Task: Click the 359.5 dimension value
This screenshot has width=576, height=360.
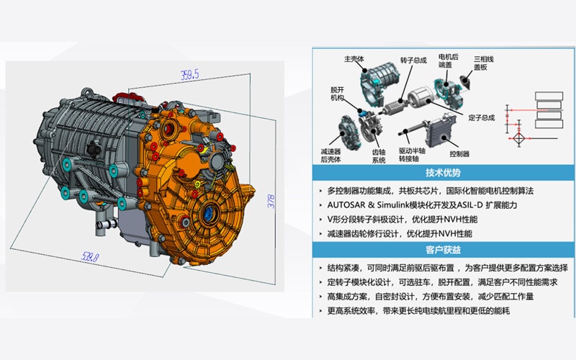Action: click(x=189, y=74)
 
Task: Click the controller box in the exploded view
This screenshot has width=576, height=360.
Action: click(x=440, y=132)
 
